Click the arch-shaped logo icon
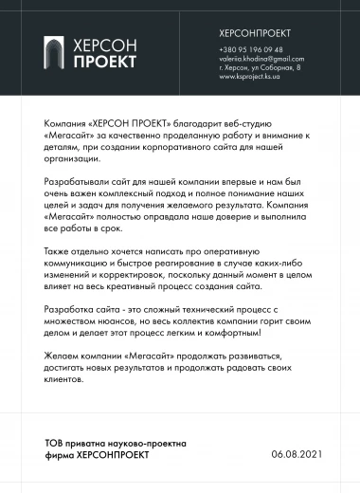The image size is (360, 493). (58, 53)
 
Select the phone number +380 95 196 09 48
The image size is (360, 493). (250, 49)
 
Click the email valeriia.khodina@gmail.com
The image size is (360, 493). (261, 59)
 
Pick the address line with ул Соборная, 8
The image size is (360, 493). (260, 67)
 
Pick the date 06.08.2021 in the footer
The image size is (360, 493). (297, 454)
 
